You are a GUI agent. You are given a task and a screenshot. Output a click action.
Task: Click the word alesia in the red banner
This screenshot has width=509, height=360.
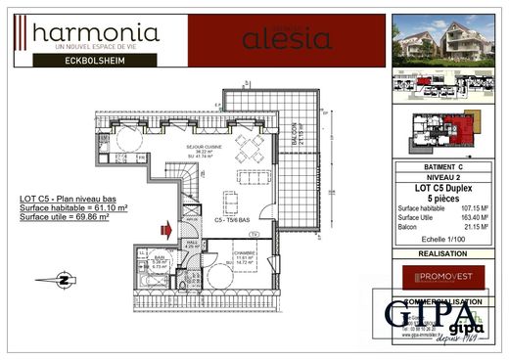click(x=274, y=40)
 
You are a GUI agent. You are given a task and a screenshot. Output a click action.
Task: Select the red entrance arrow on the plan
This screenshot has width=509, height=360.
click(x=166, y=231)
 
